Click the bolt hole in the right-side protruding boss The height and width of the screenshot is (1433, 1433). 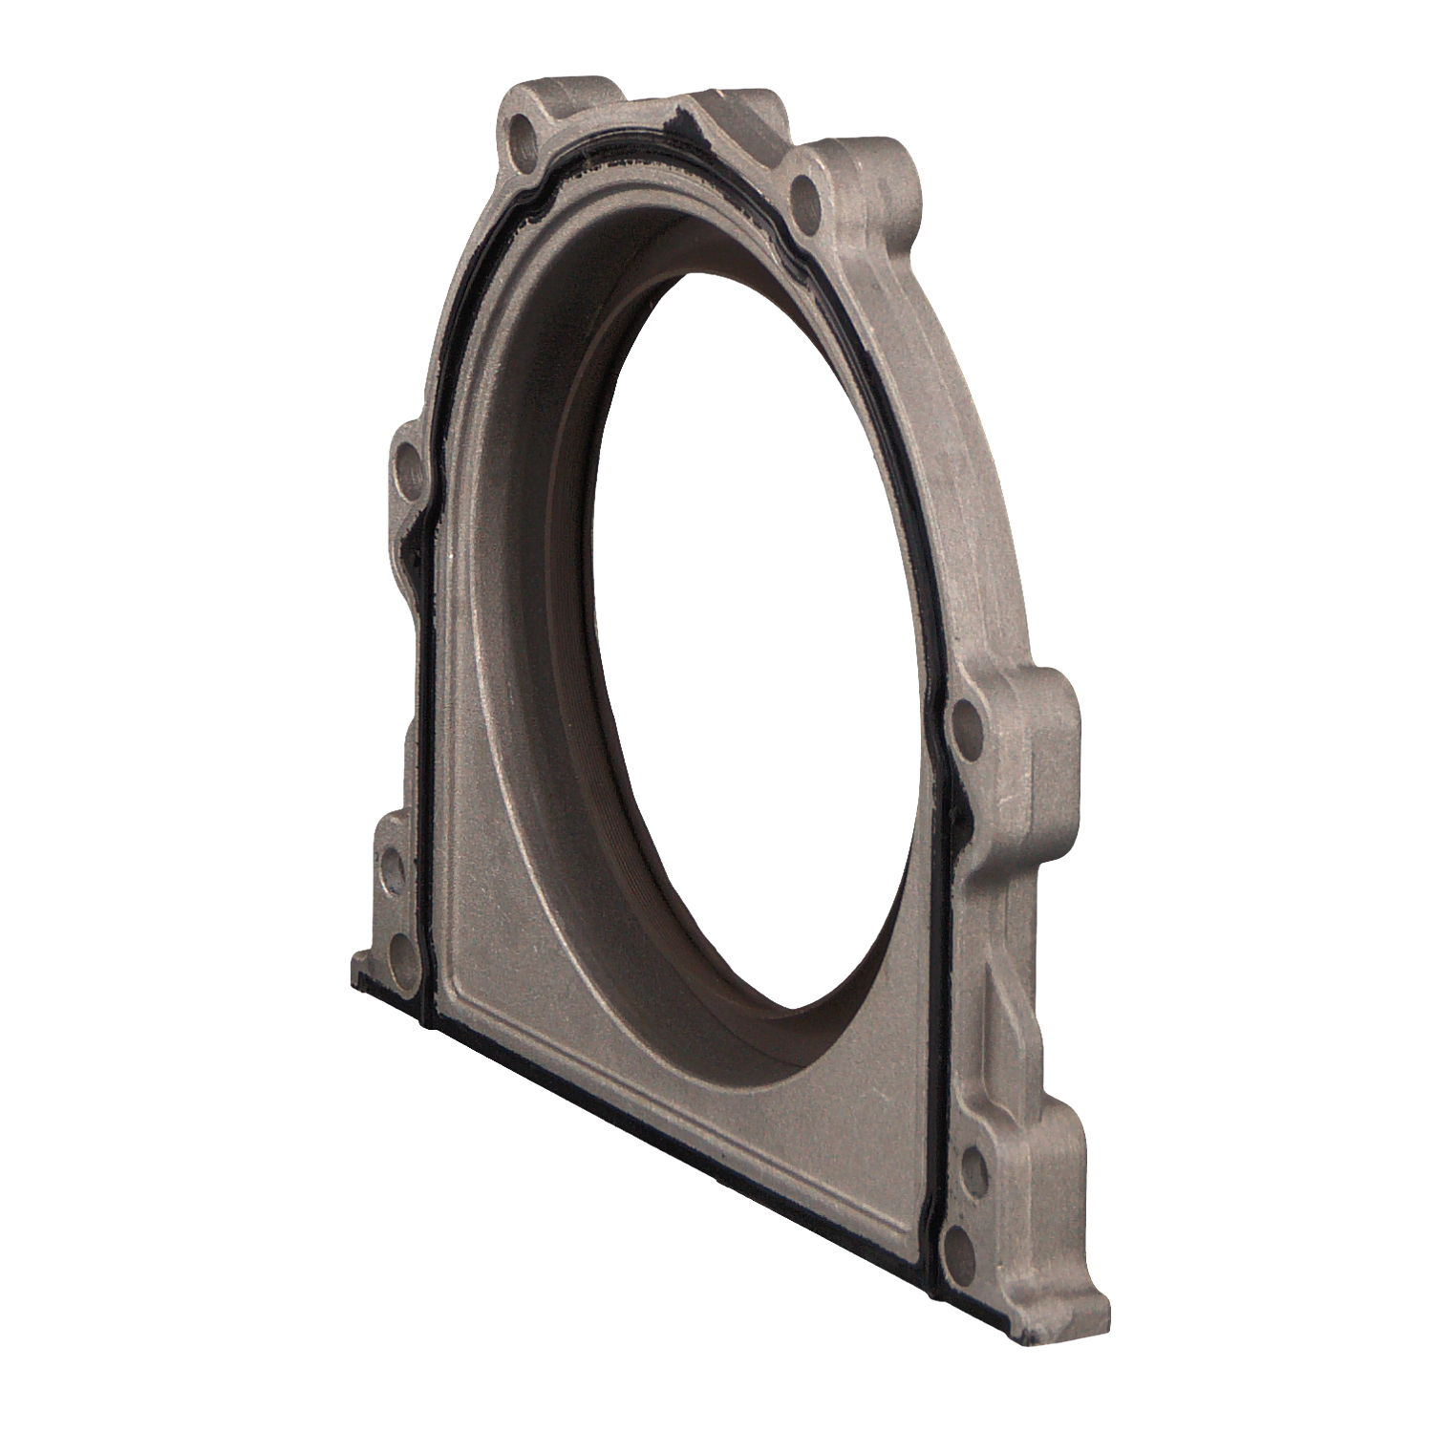click(966, 720)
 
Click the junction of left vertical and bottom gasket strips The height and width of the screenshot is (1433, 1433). click(426, 1020)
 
